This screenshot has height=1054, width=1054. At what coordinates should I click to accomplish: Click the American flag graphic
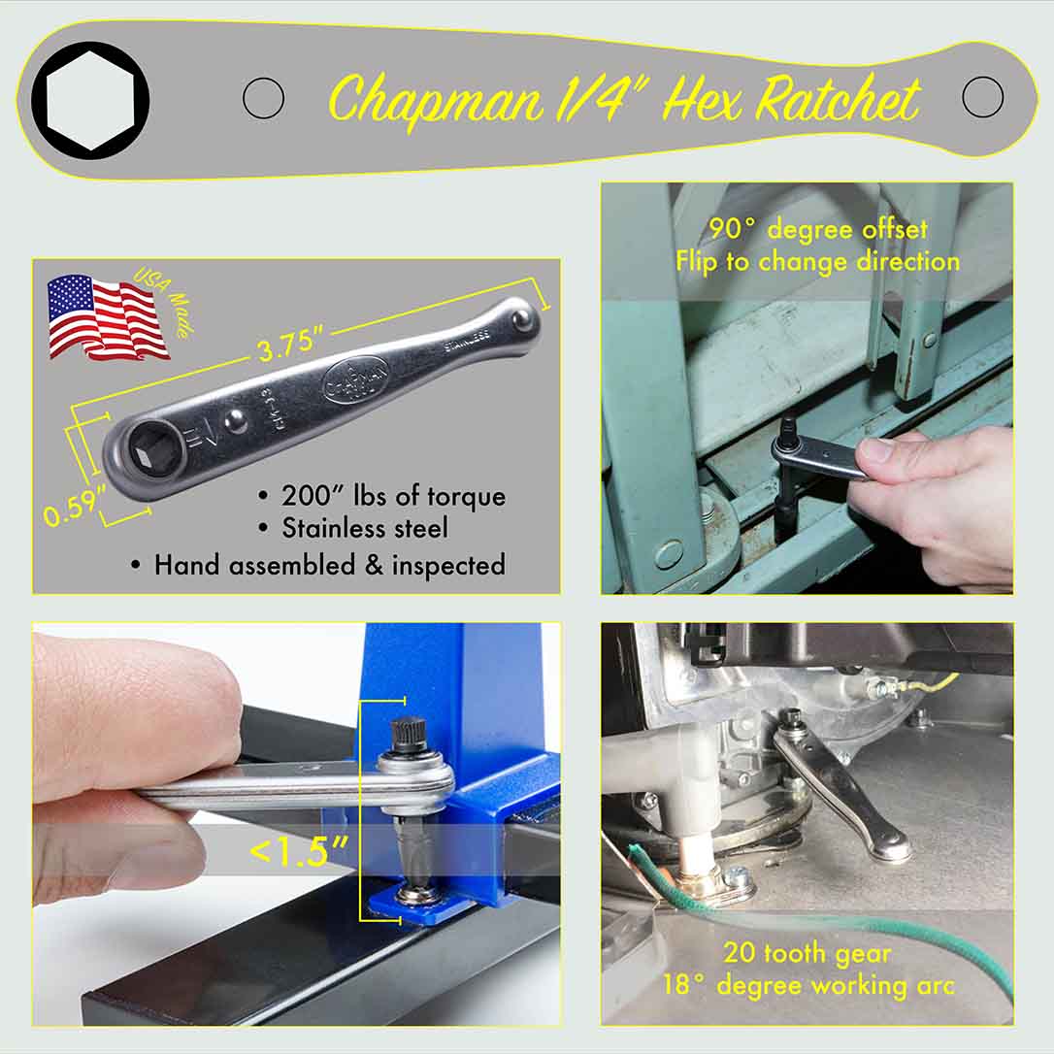107,316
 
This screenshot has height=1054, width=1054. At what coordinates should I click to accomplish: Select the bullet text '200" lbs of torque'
393,496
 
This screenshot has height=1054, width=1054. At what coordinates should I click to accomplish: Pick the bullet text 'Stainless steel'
365,529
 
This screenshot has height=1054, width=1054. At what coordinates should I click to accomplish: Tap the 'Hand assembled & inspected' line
329,565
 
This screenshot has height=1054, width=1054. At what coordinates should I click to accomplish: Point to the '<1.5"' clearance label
299,851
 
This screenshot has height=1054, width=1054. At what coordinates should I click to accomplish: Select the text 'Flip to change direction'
817,261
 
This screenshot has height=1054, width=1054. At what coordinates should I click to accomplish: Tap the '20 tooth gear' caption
807,953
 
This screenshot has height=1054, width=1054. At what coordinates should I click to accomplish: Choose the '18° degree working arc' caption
808,985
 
